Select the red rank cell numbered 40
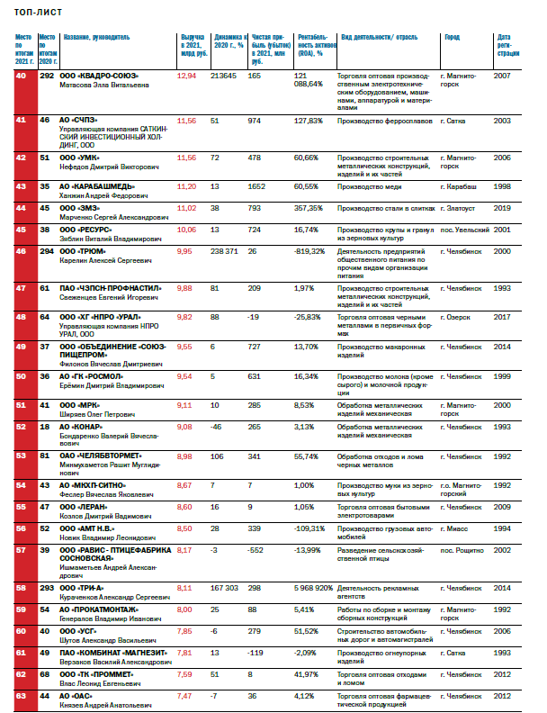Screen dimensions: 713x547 [22, 76]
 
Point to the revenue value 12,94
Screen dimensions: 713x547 [187, 76]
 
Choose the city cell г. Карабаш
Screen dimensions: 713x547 [461, 185]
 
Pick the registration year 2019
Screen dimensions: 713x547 [503, 207]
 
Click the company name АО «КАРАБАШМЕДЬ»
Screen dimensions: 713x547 [96, 185]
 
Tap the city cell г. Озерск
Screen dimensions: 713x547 [457, 317]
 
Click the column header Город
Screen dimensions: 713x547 [453, 37]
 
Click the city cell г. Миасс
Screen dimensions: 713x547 [456, 528]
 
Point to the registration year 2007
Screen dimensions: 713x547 [503, 76]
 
